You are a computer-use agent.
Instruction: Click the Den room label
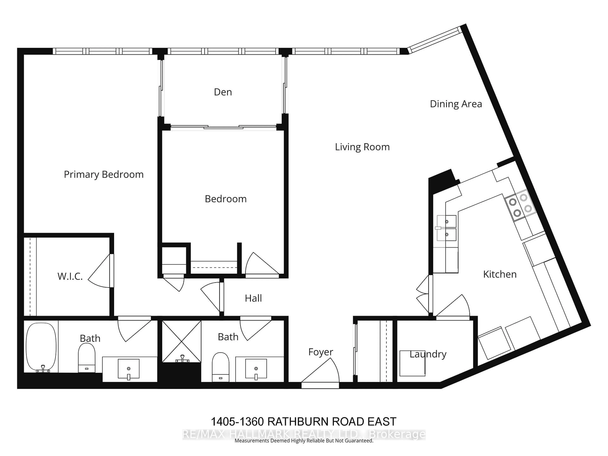point(223,92)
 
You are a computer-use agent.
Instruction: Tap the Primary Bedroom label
point(104,174)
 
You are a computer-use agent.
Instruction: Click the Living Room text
point(362,147)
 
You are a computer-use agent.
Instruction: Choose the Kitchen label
point(500,274)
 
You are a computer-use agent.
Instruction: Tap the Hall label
point(253,298)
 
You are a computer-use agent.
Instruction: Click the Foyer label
point(320,352)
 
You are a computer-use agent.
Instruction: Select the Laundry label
point(428,354)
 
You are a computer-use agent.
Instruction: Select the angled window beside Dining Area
point(434,40)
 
